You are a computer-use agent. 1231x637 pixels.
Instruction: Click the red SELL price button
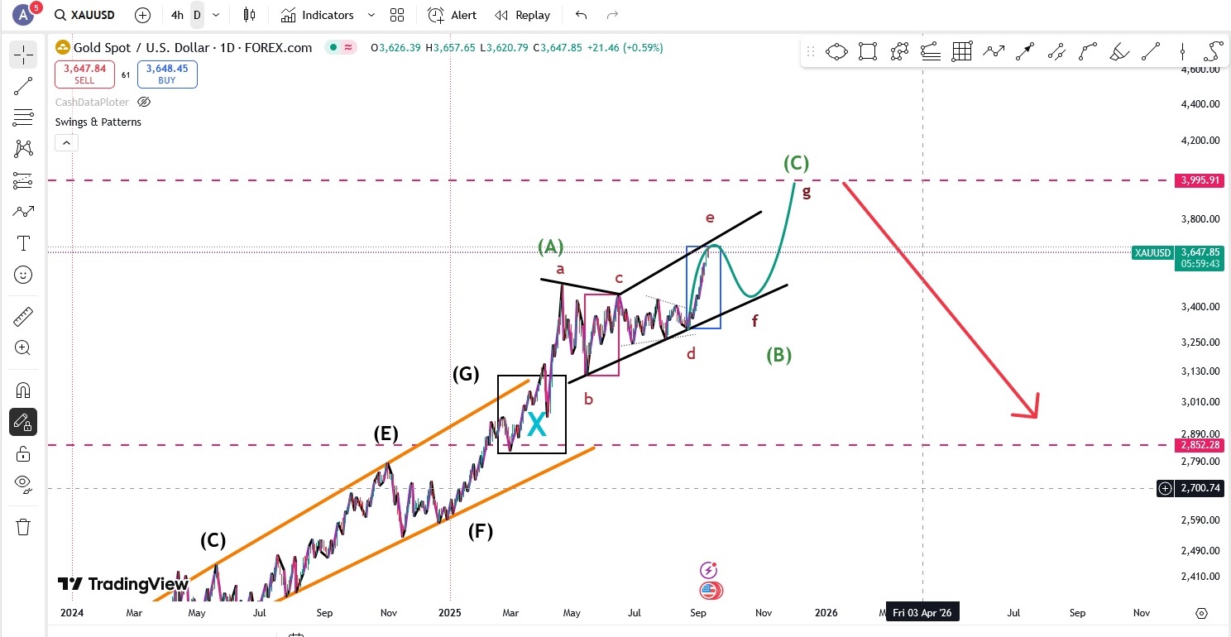pos(84,74)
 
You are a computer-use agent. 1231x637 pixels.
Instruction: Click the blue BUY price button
pos(167,74)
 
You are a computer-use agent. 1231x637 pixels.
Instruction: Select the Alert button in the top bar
pos(452,15)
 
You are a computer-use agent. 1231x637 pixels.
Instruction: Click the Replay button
pos(523,15)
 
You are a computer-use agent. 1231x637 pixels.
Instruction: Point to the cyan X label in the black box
pos(537,425)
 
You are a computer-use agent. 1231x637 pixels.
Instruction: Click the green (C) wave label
pos(796,163)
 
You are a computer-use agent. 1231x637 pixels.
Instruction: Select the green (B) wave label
pos(778,355)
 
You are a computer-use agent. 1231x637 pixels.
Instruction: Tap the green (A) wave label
pos(551,246)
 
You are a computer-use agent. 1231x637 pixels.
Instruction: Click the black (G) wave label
pos(466,373)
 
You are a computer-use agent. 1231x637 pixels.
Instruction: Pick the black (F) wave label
pos(480,531)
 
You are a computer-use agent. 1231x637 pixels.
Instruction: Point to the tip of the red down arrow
pos(1034,416)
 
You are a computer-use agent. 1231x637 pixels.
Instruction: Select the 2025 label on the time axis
pos(450,613)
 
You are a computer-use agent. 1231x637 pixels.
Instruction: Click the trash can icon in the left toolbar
pos(23,527)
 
